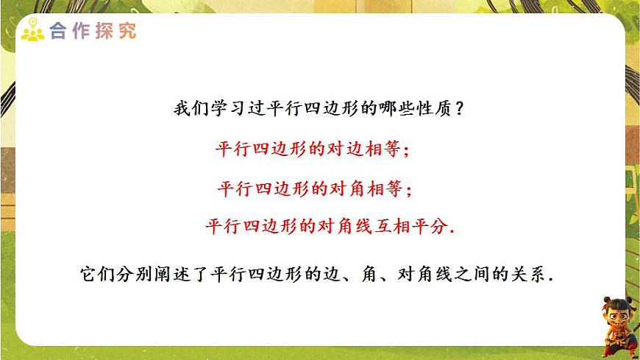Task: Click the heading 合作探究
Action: pos(92,32)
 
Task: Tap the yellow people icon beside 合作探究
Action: pos(32,32)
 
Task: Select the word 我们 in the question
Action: pos(191,109)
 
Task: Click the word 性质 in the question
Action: pos(430,109)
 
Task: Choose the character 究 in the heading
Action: pos(127,32)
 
